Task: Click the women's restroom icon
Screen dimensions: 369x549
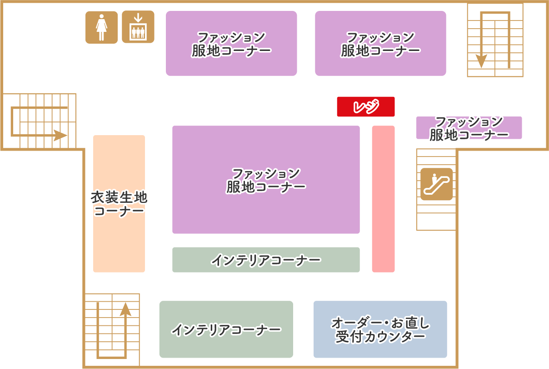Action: coord(101,27)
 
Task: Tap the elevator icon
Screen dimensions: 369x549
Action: coord(138,27)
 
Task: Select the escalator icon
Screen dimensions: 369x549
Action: coord(436,184)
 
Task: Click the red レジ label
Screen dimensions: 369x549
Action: coord(366,106)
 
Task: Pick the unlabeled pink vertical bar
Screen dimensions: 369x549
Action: coord(383,199)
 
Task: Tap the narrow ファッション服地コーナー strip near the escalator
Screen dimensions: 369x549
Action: coord(469,128)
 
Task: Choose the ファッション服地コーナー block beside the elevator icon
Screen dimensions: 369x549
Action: coord(231,43)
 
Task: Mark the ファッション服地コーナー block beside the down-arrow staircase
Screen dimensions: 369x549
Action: coord(380,43)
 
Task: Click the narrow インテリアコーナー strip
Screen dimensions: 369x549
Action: coord(266,260)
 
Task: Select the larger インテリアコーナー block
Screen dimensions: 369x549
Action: coord(226,329)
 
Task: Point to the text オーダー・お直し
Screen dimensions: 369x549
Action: coord(380,323)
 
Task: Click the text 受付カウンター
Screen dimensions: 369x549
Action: coord(380,337)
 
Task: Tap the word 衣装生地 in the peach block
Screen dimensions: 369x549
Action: coord(119,197)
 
